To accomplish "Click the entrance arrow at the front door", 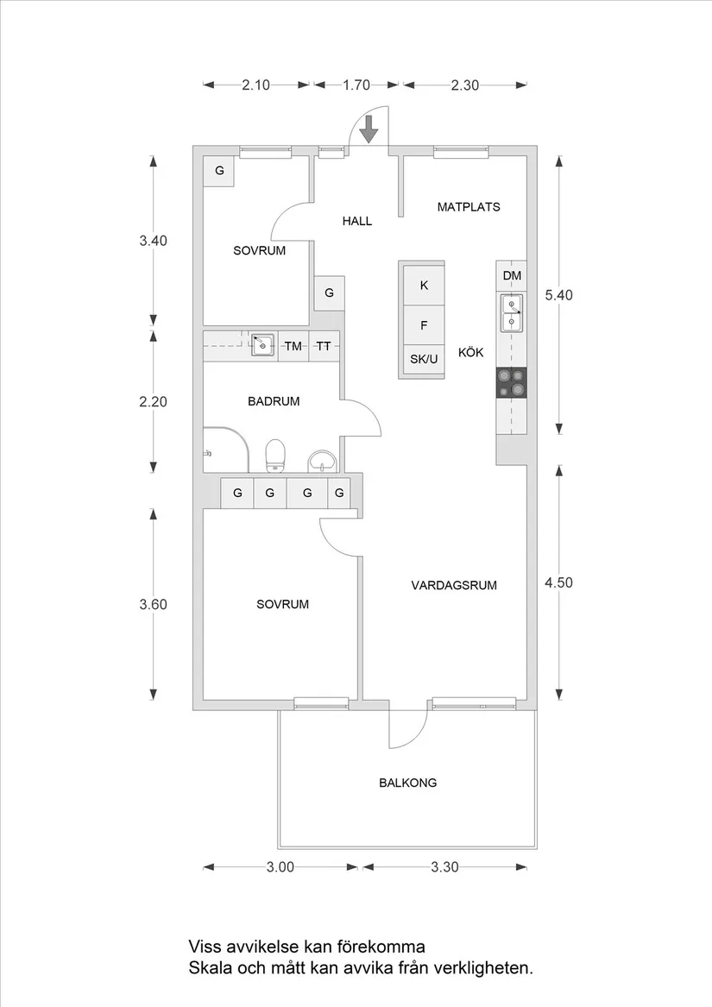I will pyautogui.click(x=369, y=129).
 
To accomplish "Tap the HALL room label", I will pyautogui.click(x=356, y=221).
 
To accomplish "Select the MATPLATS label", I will pyautogui.click(x=468, y=207).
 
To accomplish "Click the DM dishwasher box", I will pyautogui.click(x=512, y=276).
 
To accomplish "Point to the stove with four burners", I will pyautogui.click(x=511, y=382).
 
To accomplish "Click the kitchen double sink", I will pyautogui.click(x=512, y=313).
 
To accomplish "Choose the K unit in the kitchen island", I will pyautogui.click(x=424, y=285).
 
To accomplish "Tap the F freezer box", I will pyautogui.click(x=424, y=325).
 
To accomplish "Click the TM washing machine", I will pyautogui.click(x=293, y=347).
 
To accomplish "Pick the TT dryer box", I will pyautogui.click(x=324, y=347).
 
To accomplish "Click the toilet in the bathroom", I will pyautogui.click(x=275, y=455).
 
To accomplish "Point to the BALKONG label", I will pyautogui.click(x=407, y=784).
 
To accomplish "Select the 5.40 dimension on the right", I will pyautogui.click(x=558, y=294).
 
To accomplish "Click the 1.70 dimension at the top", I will pyautogui.click(x=356, y=85).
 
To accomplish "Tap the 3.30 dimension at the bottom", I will pyautogui.click(x=444, y=867).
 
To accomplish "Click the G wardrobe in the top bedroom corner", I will pyautogui.click(x=219, y=171).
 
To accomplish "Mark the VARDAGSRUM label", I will pyautogui.click(x=453, y=585).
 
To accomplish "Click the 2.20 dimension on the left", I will pyautogui.click(x=153, y=401).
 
